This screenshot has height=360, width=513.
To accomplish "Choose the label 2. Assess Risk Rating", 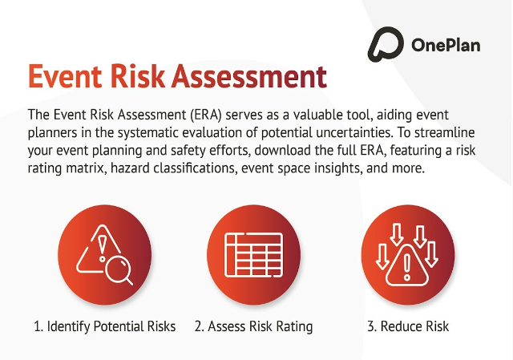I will (253, 326).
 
